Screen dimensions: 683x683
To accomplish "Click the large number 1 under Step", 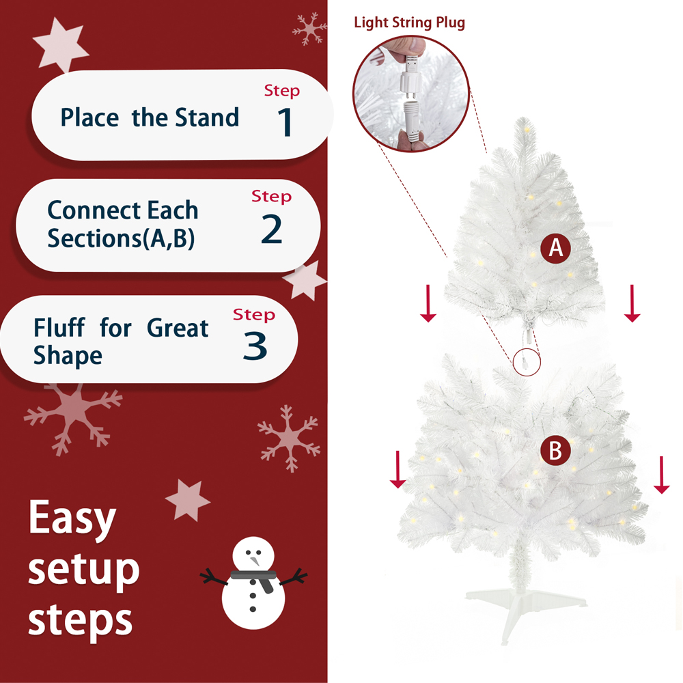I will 286,122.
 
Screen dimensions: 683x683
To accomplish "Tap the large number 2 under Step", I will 271,229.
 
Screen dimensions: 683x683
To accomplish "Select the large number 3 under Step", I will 255,346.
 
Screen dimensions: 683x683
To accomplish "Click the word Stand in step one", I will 207,117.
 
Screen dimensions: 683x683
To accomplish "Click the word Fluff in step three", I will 59,329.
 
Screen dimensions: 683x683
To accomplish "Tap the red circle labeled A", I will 556,248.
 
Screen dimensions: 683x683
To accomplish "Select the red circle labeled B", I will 555,451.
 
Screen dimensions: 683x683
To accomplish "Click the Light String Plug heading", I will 409,23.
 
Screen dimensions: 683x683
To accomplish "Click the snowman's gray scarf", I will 254,578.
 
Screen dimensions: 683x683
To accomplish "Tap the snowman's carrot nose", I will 254,561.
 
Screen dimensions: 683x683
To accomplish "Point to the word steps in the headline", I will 81,620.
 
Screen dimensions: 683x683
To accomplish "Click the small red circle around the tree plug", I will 527,360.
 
